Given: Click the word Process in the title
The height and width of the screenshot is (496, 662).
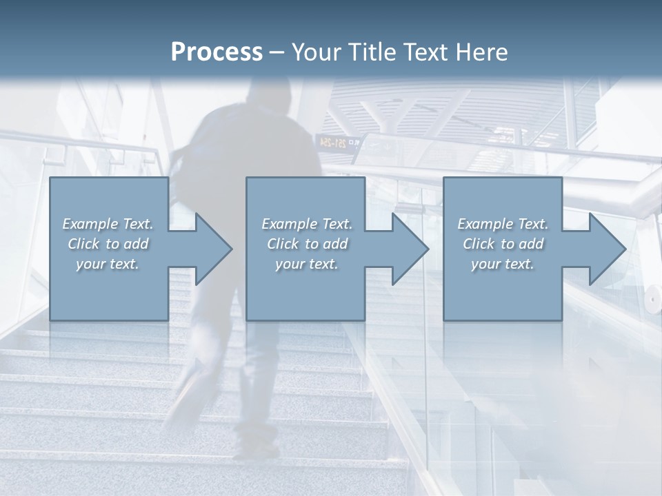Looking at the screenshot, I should point(217,52).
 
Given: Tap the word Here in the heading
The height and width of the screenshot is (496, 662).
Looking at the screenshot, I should point(481,52).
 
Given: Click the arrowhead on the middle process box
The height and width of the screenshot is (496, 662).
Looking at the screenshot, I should point(409,249).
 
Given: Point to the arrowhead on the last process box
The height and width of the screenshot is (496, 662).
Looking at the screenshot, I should point(606,249).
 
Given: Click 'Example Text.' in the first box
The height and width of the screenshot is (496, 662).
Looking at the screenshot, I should point(108,224).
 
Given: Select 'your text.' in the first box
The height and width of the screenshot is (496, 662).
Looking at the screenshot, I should point(108,264).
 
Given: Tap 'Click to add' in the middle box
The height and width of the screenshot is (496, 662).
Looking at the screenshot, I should point(307,244).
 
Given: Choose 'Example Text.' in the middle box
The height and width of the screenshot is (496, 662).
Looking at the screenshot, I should point(307,224).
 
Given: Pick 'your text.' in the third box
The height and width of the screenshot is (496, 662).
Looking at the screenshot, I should point(503,264).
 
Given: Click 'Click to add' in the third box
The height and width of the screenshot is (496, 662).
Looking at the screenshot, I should point(503,244).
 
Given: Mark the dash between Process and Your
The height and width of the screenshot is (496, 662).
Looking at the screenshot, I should point(277,52).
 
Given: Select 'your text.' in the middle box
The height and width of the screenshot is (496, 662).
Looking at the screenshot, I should point(307,264).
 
